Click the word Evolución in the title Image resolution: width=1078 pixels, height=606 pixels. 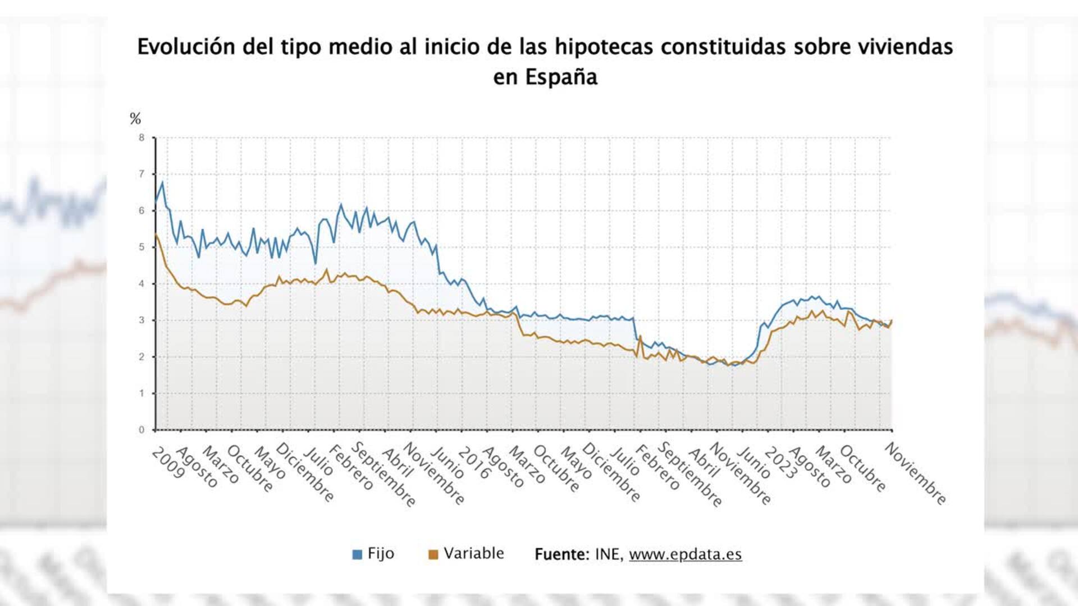click(186, 47)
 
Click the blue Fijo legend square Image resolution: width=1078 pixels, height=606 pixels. click(357, 554)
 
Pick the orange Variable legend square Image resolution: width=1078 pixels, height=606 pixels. click(433, 554)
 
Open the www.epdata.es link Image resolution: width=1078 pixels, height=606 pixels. click(685, 554)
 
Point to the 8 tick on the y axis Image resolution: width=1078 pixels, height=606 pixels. click(141, 137)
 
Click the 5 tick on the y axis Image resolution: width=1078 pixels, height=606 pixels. click(141, 247)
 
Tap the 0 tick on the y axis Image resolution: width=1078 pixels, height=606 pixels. click(141, 430)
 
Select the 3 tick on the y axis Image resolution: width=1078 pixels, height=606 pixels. click(141, 320)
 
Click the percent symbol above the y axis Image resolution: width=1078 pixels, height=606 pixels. click(135, 118)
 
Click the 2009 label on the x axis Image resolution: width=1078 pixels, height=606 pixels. click(168, 463)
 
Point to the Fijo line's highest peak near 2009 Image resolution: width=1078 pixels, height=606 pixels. click(162, 182)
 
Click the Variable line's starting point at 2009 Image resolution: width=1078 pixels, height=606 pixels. click(156, 234)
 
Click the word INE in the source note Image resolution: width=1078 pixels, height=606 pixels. click(607, 554)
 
